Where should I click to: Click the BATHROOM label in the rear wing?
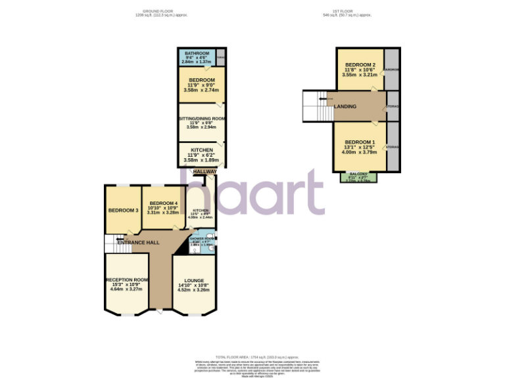(x=197, y=53)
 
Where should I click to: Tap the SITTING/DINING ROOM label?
(x=203, y=118)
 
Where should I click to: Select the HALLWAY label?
(x=204, y=171)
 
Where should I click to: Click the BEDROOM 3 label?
(x=123, y=210)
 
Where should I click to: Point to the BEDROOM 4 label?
(x=163, y=203)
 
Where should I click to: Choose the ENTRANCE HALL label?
(x=138, y=243)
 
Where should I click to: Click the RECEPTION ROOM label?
(x=126, y=280)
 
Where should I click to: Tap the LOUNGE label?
(x=194, y=280)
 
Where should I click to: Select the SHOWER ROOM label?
(x=202, y=239)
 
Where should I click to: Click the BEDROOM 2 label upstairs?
(x=360, y=64)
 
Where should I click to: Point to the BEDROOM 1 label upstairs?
(x=360, y=142)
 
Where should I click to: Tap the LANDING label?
(x=345, y=106)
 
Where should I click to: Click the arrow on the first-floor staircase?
(x=322, y=99)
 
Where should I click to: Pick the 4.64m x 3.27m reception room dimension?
(x=126, y=289)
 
